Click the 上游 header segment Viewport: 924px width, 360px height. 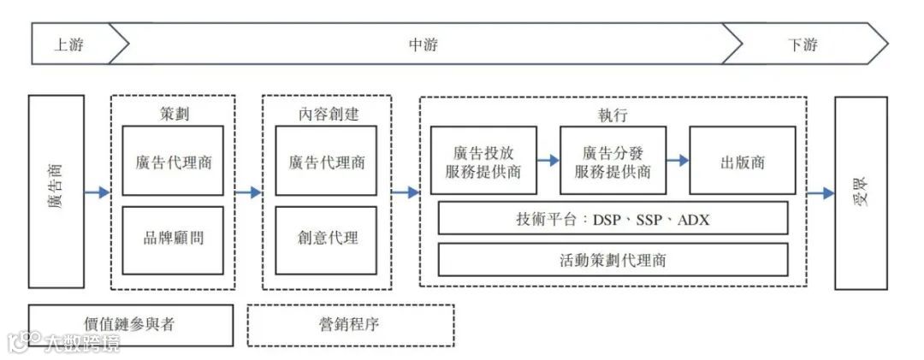[69, 44]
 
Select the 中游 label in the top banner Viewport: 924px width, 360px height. [423, 44]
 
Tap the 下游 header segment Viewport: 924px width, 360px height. [803, 44]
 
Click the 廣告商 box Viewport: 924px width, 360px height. [56, 192]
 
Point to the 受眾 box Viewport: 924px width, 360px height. [861, 192]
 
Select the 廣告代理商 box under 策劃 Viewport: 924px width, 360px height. [173, 161]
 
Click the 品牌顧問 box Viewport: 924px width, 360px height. [173, 239]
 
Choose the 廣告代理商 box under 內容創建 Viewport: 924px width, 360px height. [326, 161]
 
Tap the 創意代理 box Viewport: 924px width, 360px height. [326, 239]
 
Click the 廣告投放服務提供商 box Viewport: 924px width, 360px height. [483, 161]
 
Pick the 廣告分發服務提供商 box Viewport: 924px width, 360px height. [613, 161]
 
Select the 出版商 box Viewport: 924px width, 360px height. [742, 161]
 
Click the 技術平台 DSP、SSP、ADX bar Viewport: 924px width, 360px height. [613, 218]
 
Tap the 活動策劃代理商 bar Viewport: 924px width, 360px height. [613, 260]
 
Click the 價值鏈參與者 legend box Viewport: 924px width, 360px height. [130, 325]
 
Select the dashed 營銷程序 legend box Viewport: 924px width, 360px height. [351, 325]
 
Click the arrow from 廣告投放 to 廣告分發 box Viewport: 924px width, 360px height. [548, 160]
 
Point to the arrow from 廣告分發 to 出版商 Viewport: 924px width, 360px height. [678, 160]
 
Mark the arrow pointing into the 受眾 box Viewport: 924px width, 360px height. [820, 193]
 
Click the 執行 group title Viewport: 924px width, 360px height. [613, 114]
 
